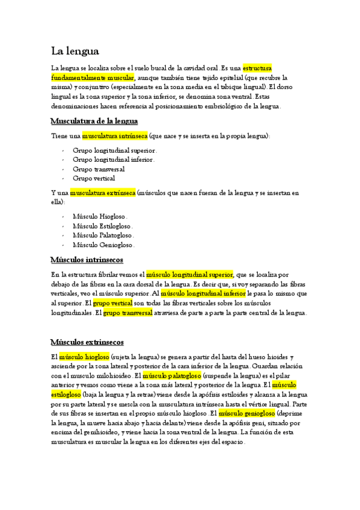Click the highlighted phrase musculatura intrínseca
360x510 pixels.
click(x=115, y=137)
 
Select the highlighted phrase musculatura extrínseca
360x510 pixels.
click(x=103, y=194)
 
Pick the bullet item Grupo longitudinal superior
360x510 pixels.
click(x=115, y=150)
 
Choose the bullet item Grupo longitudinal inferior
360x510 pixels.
click(x=114, y=160)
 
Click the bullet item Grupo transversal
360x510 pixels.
click(x=99, y=170)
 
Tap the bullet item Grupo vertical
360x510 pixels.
click(x=94, y=179)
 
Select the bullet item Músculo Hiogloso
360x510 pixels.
click(x=100, y=217)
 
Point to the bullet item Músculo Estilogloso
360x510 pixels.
click(x=103, y=226)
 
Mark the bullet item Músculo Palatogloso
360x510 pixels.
click(x=103, y=236)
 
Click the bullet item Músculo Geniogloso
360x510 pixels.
click(x=103, y=245)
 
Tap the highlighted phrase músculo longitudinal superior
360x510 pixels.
click(x=189, y=275)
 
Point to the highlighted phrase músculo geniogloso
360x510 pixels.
click(x=247, y=414)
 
